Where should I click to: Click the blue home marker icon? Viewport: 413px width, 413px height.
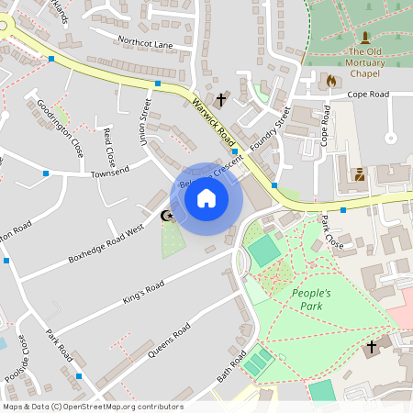[206, 198]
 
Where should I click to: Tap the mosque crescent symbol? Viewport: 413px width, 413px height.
[166, 217]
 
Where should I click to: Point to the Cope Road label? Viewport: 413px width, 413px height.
[367, 95]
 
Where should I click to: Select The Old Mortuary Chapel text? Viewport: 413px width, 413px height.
[364, 61]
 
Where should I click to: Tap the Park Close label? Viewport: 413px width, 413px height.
[330, 233]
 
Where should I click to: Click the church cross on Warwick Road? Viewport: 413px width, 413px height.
[221, 98]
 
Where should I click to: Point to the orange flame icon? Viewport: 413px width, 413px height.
[331, 81]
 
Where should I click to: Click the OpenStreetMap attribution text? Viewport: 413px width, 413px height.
[92, 407]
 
